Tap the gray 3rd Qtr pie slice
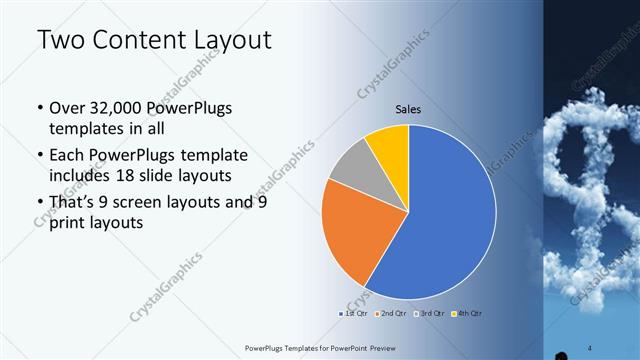[x=350, y=170]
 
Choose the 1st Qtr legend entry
[x=353, y=313]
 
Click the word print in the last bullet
[x=68, y=224]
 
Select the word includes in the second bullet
[x=79, y=176]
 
